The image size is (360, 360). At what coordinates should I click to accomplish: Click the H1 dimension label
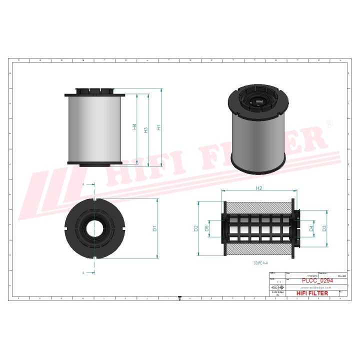pyautogui.click(x=158, y=127)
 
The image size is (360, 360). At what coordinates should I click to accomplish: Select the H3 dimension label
pyautogui.click(x=146, y=130)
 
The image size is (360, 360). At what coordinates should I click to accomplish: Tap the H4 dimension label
pyautogui.click(x=134, y=127)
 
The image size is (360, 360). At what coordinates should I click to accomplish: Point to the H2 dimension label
pyautogui.click(x=259, y=188)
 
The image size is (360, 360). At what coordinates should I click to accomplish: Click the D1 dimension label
pyautogui.click(x=155, y=228)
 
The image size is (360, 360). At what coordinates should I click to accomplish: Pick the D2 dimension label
pyautogui.click(x=196, y=228)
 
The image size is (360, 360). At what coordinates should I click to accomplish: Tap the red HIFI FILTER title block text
pyautogui.click(x=312, y=293)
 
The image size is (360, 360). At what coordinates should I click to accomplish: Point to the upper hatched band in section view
pyautogui.click(x=259, y=206)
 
